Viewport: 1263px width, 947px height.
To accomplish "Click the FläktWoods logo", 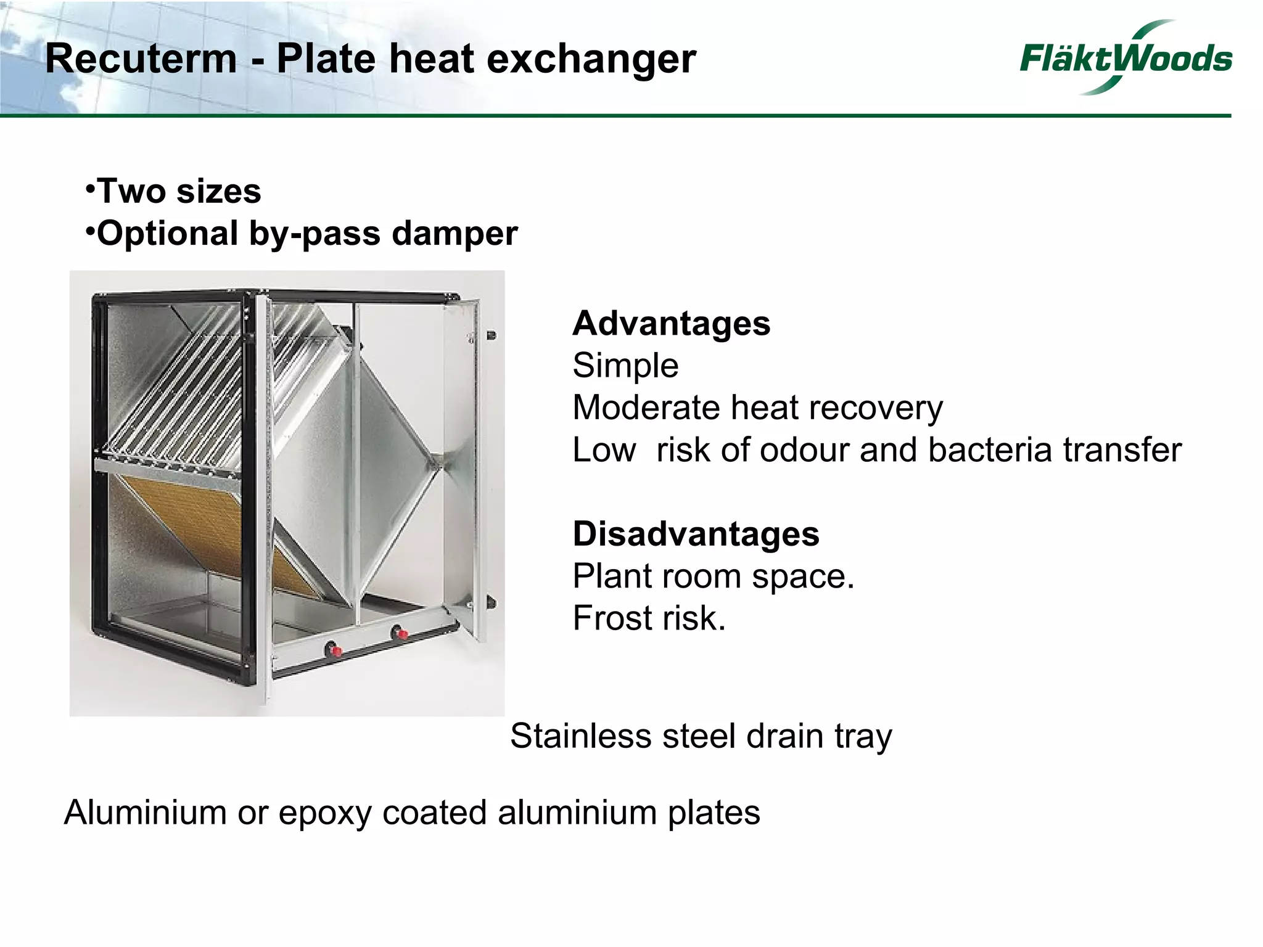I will coord(1125,58).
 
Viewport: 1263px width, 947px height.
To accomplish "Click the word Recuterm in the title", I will coord(141,59).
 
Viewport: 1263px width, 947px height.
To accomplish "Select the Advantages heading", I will coord(671,323).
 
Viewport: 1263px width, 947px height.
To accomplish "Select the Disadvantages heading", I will coord(696,533).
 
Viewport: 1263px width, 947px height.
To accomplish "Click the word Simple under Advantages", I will coord(625,365).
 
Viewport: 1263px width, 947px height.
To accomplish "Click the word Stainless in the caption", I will coord(580,736).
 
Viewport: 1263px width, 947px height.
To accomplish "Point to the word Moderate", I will coord(646,408).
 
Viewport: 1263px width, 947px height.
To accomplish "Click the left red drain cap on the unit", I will coord(335,649).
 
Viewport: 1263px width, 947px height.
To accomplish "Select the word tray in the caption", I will coord(863,737).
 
